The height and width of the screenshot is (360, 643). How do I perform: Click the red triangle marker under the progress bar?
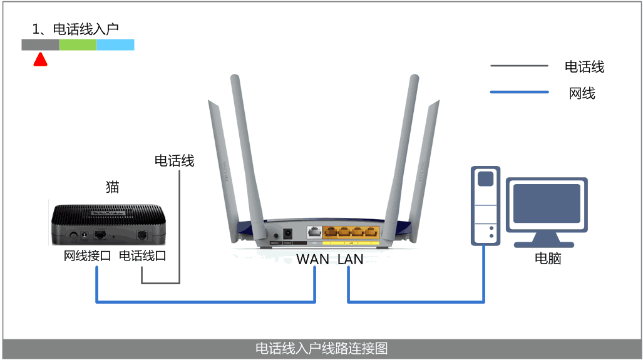coord(40,59)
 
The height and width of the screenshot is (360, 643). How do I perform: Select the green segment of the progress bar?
coord(78,44)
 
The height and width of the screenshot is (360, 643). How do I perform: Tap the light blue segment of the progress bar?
coord(115,44)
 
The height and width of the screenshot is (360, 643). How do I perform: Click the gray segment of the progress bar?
coord(40,44)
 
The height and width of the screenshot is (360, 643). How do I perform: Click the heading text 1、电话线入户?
coord(75,28)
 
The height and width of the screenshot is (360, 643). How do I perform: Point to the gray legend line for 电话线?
coord(519,66)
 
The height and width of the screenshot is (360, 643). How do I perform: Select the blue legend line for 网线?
coord(519,93)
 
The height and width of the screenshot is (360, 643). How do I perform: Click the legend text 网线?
coord(582,93)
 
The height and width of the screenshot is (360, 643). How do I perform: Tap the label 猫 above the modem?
coord(112,187)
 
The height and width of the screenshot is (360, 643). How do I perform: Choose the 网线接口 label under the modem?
coord(87,256)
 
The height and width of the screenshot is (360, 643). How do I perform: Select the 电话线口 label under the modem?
coord(142,256)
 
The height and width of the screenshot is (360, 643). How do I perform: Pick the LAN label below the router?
coord(350,259)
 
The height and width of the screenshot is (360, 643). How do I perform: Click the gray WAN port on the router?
coord(315,232)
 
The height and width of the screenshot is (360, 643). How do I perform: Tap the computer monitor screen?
coord(547,204)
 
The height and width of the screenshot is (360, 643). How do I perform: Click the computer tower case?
coord(485,207)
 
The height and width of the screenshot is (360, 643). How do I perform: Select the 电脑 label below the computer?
coord(547,258)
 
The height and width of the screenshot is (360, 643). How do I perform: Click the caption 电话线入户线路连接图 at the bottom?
coord(321,349)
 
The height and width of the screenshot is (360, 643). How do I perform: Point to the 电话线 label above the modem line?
coord(174,161)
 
